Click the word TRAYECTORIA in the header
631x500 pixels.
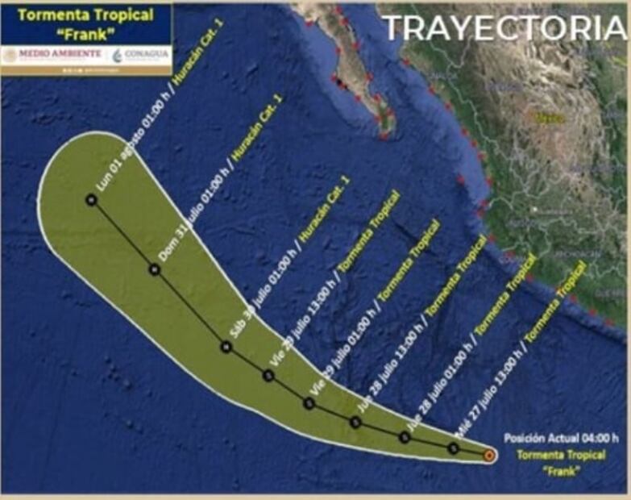504,27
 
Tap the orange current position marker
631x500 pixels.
489,456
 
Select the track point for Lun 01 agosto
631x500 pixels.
91,199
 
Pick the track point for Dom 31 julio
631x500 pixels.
155,270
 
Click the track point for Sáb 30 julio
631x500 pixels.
226,347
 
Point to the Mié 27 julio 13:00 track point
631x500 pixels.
454,448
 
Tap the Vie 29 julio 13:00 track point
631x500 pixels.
268,374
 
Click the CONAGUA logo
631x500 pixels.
140,55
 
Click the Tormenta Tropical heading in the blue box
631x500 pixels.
85,15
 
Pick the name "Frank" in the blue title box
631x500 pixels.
86,34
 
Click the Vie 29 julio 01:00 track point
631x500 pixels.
309,403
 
